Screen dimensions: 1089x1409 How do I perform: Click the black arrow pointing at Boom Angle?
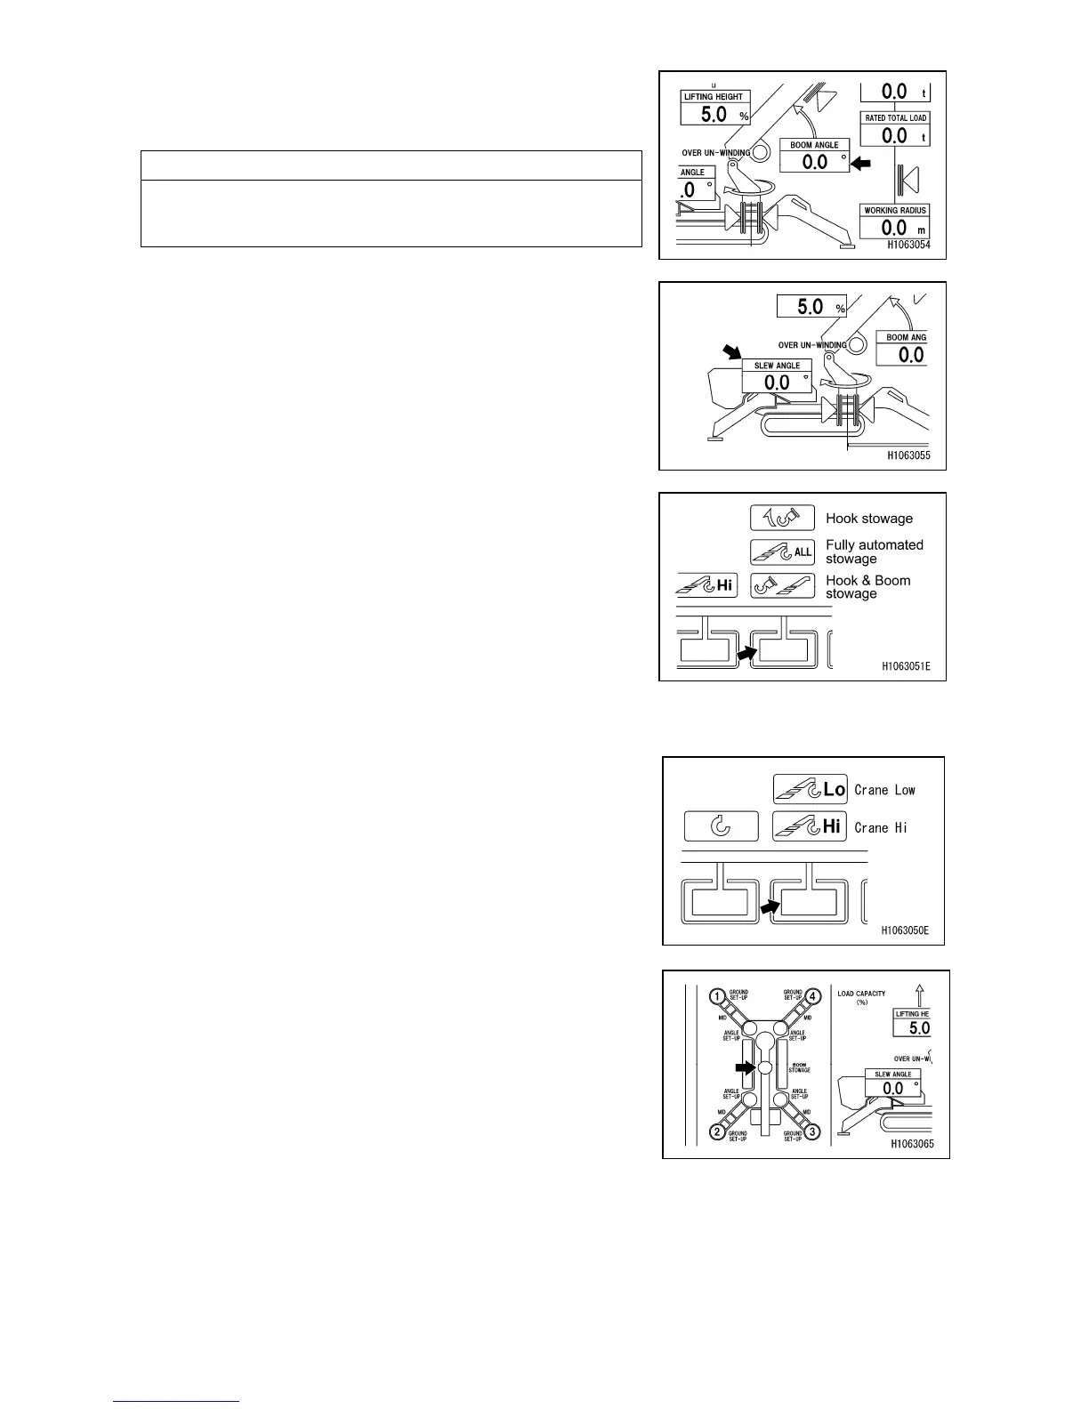(860, 163)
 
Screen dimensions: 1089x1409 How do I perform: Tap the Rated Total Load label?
(895, 118)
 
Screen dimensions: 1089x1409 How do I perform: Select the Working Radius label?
(895, 211)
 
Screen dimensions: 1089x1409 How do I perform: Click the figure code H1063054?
(908, 246)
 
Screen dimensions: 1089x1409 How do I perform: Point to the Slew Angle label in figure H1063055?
(777, 366)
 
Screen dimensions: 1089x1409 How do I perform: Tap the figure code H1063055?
(908, 455)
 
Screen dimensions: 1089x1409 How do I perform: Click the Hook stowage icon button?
(782, 518)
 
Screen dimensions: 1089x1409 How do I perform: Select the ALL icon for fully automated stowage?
(782, 552)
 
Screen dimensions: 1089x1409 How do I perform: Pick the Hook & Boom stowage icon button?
(782, 585)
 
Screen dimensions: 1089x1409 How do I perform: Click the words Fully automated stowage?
(874, 552)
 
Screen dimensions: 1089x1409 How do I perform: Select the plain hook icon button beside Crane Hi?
(721, 826)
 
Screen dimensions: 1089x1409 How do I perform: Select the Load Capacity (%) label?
(861, 998)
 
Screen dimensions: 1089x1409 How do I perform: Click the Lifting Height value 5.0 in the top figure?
(714, 114)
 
